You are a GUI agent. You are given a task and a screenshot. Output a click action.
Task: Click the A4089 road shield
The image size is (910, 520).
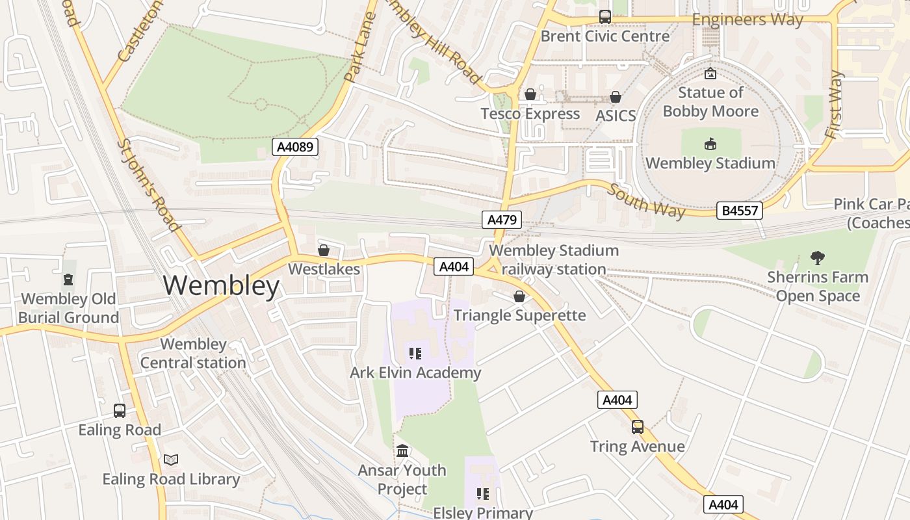click(295, 147)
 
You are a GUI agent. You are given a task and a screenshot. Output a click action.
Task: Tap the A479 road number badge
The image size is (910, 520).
click(502, 220)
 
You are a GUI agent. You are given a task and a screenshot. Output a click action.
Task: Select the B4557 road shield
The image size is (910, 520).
click(739, 211)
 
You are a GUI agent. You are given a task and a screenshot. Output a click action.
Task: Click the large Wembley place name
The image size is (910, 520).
click(221, 286)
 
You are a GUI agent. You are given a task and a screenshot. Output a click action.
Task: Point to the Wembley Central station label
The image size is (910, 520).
click(193, 354)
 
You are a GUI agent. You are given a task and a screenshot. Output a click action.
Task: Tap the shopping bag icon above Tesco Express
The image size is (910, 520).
click(530, 95)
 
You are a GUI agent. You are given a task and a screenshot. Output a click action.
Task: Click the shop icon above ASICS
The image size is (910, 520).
click(615, 97)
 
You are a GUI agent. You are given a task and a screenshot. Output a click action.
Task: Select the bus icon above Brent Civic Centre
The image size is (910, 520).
click(604, 17)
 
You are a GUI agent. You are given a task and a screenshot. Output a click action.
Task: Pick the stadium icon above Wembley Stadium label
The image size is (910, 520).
click(710, 144)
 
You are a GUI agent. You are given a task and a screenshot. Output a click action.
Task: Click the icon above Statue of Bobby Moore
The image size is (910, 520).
click(710, 74)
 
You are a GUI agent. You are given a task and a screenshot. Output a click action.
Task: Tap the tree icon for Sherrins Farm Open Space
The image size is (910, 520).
click(817, 258)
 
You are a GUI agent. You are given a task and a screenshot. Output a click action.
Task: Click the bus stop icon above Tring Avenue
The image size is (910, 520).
click(637, 427)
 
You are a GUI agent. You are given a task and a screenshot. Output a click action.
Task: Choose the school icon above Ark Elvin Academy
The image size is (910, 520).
click(415, 354)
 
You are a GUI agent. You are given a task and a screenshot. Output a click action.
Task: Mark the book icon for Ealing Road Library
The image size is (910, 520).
click(171, 460)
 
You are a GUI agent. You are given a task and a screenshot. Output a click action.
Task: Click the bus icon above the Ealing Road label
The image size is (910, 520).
click(120, 411)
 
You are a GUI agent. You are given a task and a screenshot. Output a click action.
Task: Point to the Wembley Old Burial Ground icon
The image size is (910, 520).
click(68, 280)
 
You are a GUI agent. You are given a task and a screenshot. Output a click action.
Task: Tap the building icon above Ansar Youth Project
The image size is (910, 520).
click(402, 450)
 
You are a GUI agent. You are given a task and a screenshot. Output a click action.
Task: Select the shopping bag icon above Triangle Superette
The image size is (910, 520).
click(519, 297)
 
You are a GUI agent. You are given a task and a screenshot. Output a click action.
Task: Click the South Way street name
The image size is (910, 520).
click(646, 201)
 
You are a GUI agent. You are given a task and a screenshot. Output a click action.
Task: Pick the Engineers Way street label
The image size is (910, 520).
click(747, 19)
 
